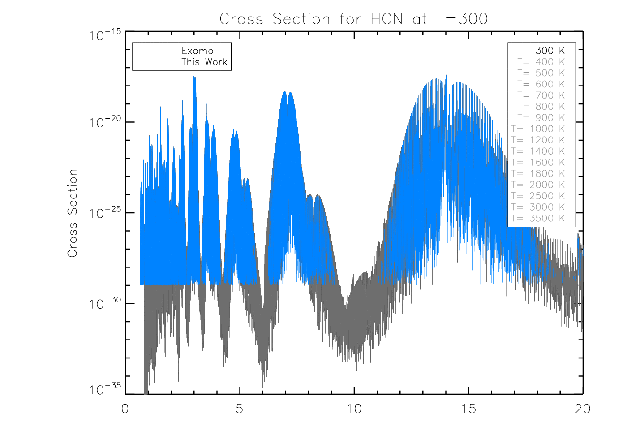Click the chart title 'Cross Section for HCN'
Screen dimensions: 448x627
click(x=353, y=19)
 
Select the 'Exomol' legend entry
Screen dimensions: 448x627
click(x=198, y=51)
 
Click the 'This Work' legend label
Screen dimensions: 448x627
click(x=204, y=62)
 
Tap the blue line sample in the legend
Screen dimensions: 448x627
click(x=159, y=62)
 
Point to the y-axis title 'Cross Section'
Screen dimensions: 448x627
click(x=72, y=213)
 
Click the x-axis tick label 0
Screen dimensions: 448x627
click(x=125, y=409)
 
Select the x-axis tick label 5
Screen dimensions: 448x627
click(x=240, y=409)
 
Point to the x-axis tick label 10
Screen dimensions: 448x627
click(x=354, y=409)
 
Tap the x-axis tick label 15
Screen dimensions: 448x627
click(x=468, y=409)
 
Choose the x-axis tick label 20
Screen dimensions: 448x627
click(x=583, y=409)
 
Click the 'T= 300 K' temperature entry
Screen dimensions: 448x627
click(x=541, y=51)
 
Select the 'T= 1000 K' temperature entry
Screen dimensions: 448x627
click(x=538, y=129)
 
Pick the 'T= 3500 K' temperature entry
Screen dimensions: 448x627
click(x=538, y=218)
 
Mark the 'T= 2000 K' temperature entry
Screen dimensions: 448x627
click(x=538, y=185)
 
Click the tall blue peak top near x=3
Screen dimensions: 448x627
click(x=194, y=77)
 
